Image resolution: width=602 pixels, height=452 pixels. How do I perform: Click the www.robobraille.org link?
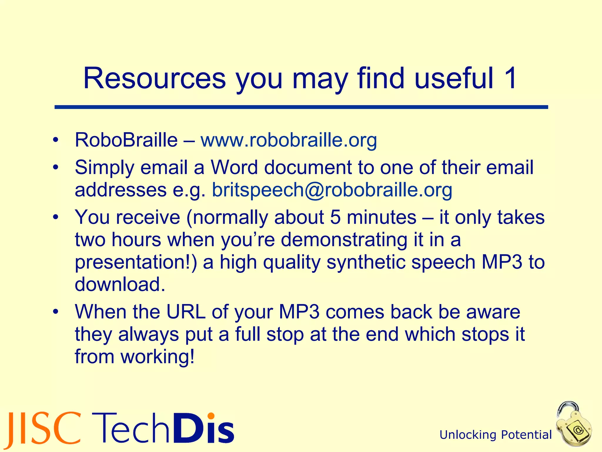[x=289, y=140]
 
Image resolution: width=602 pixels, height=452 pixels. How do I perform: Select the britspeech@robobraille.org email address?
[x=332, y=190]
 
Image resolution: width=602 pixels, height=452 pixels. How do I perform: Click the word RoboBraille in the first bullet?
[x=126, y=140]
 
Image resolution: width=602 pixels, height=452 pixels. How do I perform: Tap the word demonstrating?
[x=344, y=240]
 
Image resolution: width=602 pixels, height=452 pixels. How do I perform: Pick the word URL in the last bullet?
[x=186, y=312]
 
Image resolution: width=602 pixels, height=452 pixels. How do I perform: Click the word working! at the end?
[x=158, y=356]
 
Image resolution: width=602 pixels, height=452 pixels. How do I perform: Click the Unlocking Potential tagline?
[x=496, y=435]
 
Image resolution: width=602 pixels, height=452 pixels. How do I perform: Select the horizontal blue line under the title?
[x=301, y=107]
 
